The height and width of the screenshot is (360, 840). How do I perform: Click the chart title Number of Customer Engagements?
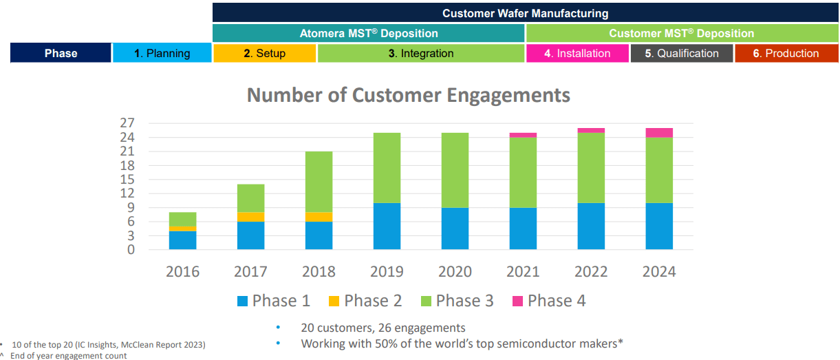408,95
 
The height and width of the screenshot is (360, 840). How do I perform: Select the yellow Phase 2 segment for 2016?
182,229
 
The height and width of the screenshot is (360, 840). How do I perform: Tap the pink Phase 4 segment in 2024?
658,133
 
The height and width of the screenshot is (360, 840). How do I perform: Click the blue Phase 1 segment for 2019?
387,226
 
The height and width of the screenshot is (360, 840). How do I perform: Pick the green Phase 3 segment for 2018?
319,182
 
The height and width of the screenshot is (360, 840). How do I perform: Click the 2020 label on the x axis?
455,271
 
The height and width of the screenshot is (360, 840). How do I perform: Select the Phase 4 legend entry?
549,301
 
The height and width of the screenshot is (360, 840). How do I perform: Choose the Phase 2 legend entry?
365,301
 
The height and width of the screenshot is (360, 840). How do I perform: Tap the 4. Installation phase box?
577,53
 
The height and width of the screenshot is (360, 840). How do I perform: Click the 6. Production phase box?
786,53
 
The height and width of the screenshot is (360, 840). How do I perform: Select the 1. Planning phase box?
162,53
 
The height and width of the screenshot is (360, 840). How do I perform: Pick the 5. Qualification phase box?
682,53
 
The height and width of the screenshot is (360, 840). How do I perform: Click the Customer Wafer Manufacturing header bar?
525,13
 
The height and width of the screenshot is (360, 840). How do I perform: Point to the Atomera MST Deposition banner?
369,33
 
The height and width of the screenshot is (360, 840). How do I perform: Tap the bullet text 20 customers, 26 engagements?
383,328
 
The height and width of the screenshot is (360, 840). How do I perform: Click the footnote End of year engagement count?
68,355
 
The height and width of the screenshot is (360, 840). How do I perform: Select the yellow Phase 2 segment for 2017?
250,217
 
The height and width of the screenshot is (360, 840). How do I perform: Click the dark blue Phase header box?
61,53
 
